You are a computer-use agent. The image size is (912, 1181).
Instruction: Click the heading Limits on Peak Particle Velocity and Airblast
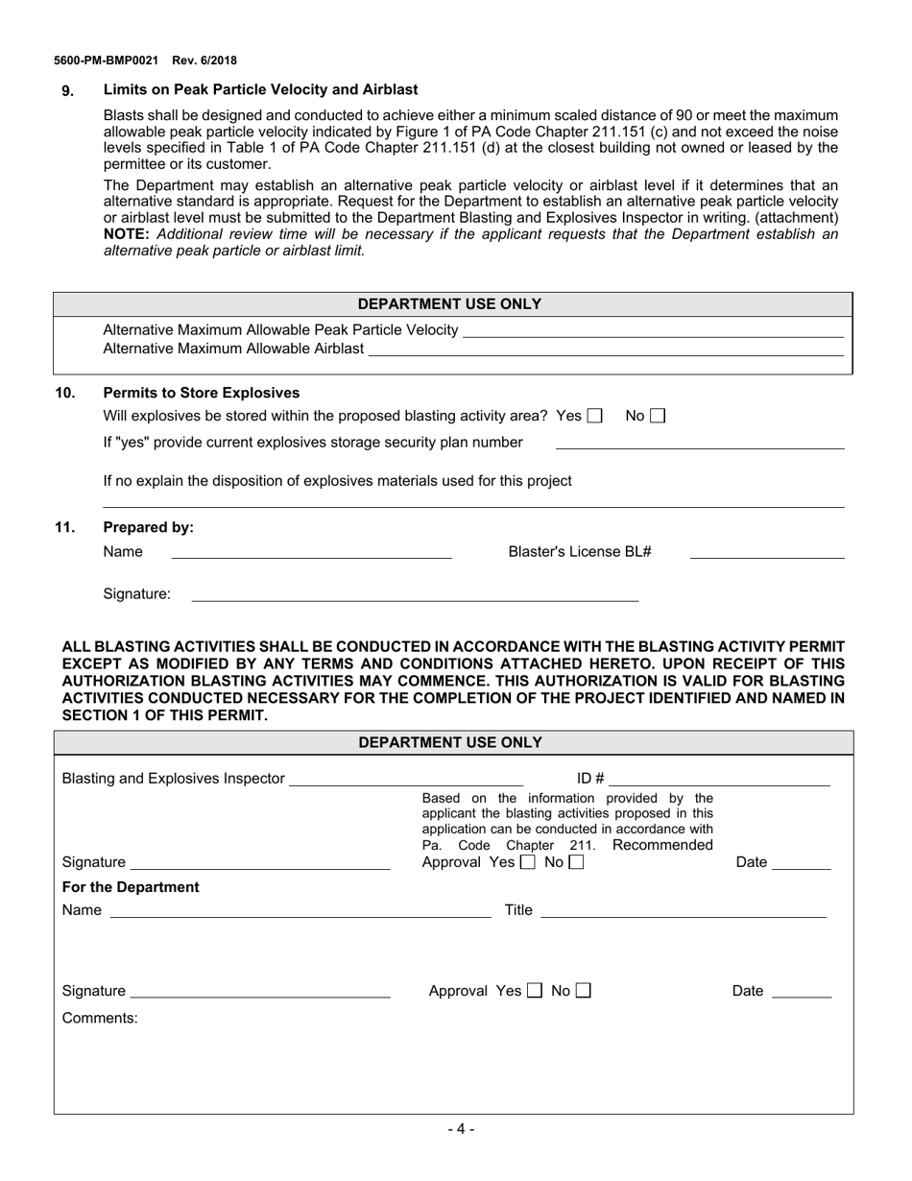pos(260,89)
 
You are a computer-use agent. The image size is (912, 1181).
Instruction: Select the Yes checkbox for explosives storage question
pos(595,416)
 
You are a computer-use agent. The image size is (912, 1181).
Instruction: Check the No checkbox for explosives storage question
pos(657,416)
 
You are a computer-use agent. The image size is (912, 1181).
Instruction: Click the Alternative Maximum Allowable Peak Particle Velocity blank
pos(652,331)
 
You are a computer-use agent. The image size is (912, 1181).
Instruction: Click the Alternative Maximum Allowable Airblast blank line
pos(605,350)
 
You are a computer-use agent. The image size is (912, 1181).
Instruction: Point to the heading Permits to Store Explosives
pos(201,393)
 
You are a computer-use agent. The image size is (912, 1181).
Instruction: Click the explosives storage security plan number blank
pos(700,444)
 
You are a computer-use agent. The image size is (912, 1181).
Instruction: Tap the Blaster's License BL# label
pos(580,551)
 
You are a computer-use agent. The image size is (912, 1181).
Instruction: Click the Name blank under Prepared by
pos(311,552)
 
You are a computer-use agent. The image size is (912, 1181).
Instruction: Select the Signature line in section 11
pos(415,595)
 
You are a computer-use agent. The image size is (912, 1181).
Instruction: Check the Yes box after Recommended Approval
pos(527,862)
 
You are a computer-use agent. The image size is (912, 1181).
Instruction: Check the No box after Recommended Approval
pos(575,862)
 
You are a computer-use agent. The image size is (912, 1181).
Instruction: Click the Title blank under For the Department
pos(683,911)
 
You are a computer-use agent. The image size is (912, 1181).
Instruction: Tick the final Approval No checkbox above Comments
pos(584,991)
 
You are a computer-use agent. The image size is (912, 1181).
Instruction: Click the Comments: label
pos(100,1018)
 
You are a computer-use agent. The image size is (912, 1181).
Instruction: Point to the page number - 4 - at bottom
pos(461,1129)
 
